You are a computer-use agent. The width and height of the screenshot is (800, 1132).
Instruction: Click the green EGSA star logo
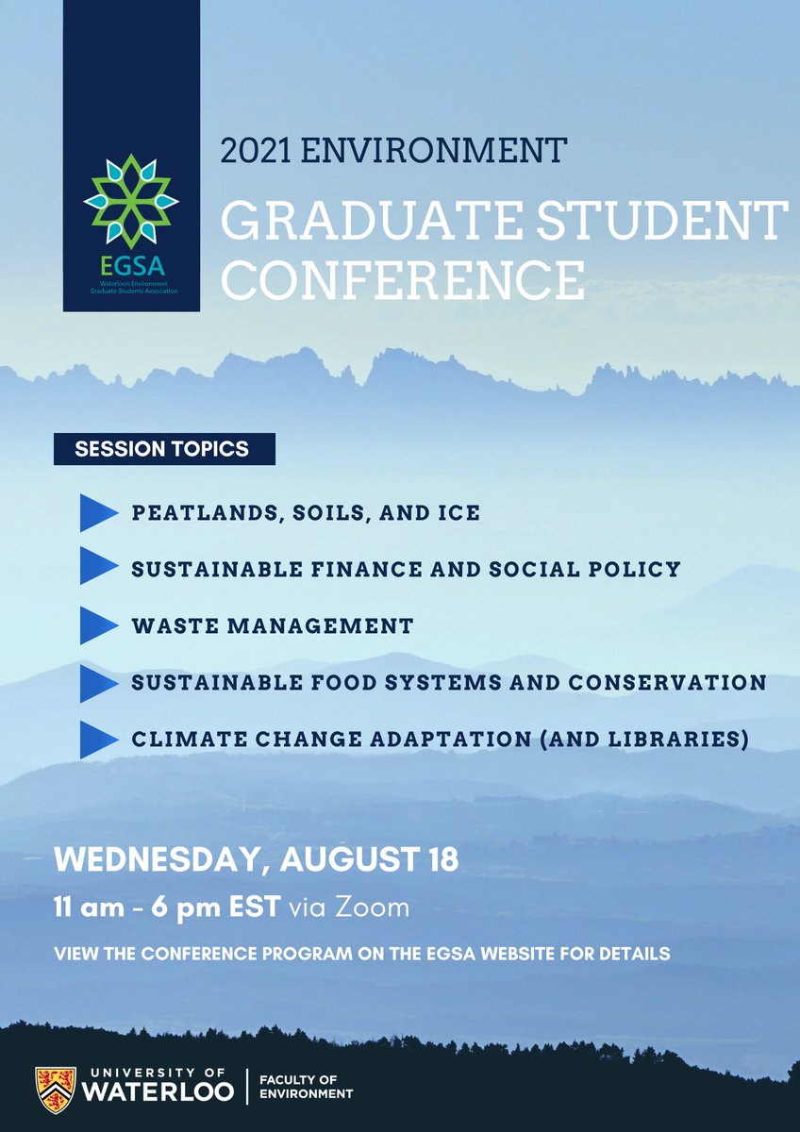[131, 201]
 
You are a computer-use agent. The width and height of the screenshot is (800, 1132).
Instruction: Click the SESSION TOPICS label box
[163, 449]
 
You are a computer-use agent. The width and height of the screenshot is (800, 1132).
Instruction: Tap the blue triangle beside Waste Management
[97, 624]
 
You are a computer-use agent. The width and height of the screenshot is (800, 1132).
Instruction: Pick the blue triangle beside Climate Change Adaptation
[97, 739]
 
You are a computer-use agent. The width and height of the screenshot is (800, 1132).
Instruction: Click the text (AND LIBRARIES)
[652, 739]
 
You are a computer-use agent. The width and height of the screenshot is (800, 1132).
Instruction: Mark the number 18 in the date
[440, 860]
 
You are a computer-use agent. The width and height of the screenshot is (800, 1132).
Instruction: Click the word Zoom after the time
[375, 909]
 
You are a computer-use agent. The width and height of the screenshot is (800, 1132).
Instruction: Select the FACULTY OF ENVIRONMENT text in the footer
[306, 1086]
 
